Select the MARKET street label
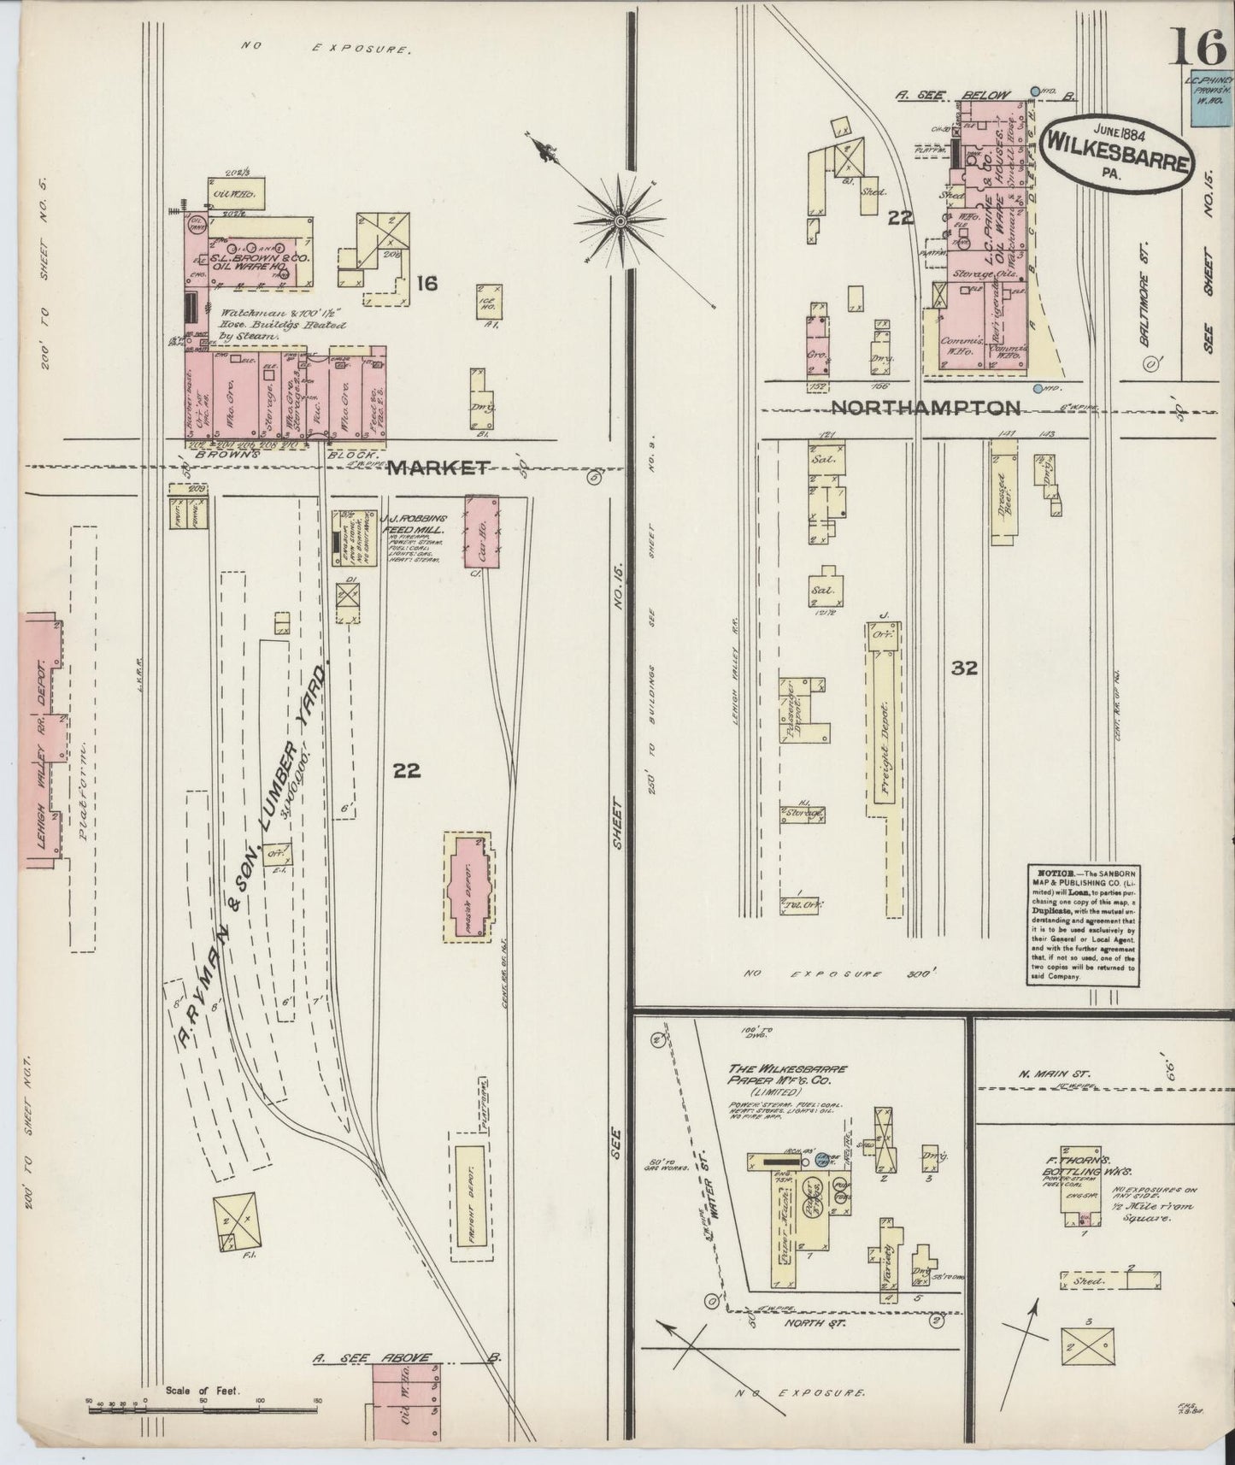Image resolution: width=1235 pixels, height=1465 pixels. [438, 468]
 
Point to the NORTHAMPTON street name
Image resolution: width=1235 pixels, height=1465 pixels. [926, 408]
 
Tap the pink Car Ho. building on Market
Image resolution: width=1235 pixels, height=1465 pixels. [482, 530]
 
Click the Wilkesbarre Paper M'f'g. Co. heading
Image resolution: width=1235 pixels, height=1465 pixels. [787, 1074]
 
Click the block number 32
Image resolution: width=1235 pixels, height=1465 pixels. [964, 668]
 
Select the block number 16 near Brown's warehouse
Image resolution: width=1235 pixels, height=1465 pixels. [426, 282]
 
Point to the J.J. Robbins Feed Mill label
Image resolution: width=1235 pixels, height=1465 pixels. [414, 524]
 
